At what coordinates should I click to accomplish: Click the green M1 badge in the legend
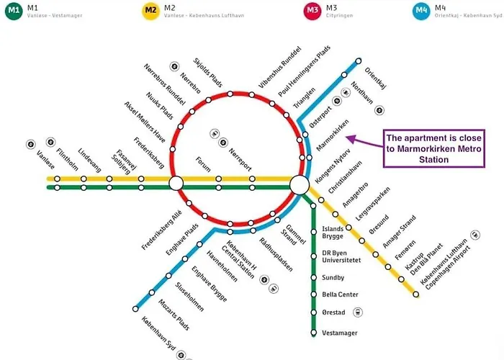14,10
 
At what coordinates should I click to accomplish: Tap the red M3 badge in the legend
312,10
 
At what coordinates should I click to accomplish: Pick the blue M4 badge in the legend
421,10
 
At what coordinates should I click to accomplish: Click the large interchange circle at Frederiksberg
176,184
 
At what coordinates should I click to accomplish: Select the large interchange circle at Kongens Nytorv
299,186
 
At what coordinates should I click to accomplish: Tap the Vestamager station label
339,332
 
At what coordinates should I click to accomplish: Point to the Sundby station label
333,276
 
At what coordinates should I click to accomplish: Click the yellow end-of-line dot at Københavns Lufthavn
415,294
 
